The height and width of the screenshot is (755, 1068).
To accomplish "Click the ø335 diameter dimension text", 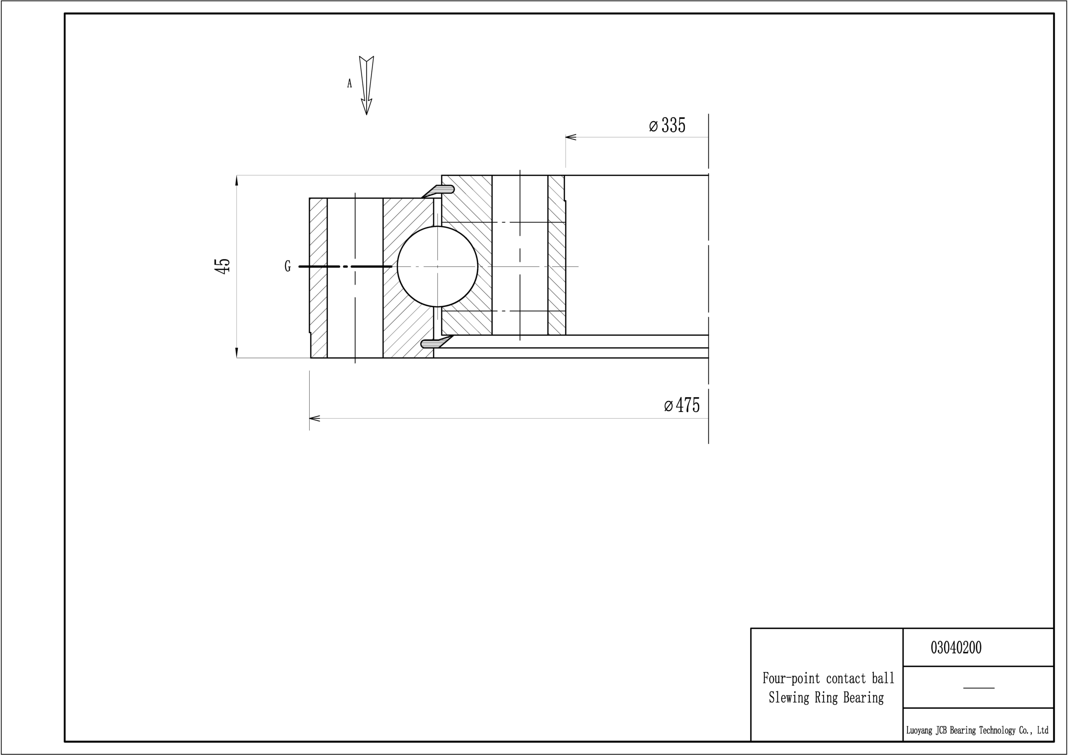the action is tap(667, 125).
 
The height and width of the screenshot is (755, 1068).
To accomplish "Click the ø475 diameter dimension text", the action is tap(682, 405).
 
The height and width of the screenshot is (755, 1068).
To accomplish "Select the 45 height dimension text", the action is tap(223, 266).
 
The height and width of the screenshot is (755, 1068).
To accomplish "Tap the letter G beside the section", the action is tap(287, 267).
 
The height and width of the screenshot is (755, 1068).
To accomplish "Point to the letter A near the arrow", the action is tap(349, 83).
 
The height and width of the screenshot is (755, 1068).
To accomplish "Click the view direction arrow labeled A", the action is tap(367, 85).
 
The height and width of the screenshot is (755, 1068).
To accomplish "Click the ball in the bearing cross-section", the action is tap(437, 267).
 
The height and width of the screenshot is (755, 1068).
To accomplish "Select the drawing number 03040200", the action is tap(956, 647).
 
